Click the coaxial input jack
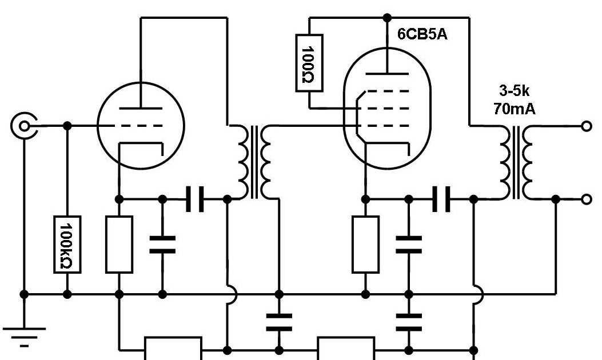coord(23,126)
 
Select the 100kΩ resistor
coord(67,245)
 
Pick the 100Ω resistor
coord(309,63)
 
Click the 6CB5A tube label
coord(422,35)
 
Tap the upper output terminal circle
coord(586,126)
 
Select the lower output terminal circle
coord(586,199)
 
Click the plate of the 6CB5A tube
coord(387,73)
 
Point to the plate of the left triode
coord(141,107)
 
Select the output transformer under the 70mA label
coord(516,162)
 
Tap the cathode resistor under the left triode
coord(119,245)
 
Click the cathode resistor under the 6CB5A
coord(365,245)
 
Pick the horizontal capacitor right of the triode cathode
coord(194,199)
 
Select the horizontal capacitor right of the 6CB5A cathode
coord(441,199)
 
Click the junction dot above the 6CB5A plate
coord(387,17)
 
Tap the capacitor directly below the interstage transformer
coord(279,322)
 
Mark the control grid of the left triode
coord(141,126)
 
